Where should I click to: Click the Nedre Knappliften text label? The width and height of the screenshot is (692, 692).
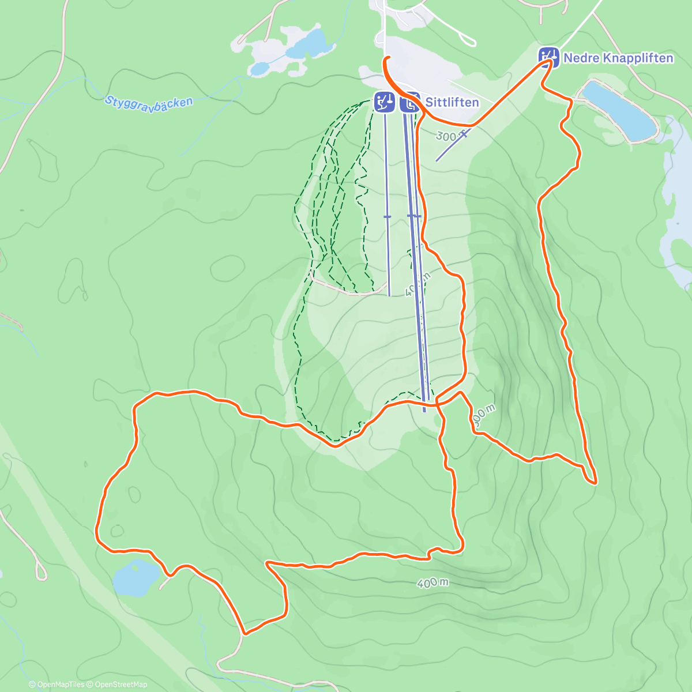[618, 58]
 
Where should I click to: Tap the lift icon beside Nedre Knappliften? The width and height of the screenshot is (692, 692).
[548, 57]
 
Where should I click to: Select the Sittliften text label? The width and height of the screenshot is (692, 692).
[452, 102]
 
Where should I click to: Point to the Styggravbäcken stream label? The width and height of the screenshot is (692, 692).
[149, 104]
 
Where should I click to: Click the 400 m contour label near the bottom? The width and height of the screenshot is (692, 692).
[432, 583]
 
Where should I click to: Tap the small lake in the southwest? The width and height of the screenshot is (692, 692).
[136, 577]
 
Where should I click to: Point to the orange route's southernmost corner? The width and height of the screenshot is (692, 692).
[245, 633]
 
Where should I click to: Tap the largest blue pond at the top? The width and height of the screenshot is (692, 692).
[306, 44]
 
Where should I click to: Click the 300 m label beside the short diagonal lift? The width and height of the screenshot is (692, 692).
[447, 136]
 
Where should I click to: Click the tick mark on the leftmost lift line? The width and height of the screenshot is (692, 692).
[387, 216]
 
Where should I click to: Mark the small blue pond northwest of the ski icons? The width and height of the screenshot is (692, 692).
[259, 69]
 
